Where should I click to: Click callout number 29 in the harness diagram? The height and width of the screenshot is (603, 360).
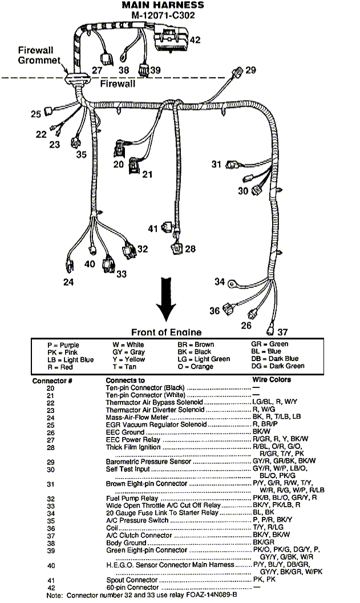click(x=250, y=70)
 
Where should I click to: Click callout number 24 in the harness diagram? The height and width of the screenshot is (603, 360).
click(x=68, y=282)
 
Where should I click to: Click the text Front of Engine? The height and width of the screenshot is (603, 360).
click(x=166, y=332)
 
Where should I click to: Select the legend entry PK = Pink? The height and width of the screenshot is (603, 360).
click(x=63, y=353)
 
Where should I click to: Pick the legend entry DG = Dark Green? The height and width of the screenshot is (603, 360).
click(x=278, y=366)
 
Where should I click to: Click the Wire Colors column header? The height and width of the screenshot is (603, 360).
click(x=271, y=380)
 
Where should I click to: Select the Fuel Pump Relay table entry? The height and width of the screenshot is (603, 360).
click(x=128, y=498)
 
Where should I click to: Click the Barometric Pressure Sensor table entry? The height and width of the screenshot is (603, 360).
click(x=149, y=462)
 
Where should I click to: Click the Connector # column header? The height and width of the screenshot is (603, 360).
click(x=51, y=381)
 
